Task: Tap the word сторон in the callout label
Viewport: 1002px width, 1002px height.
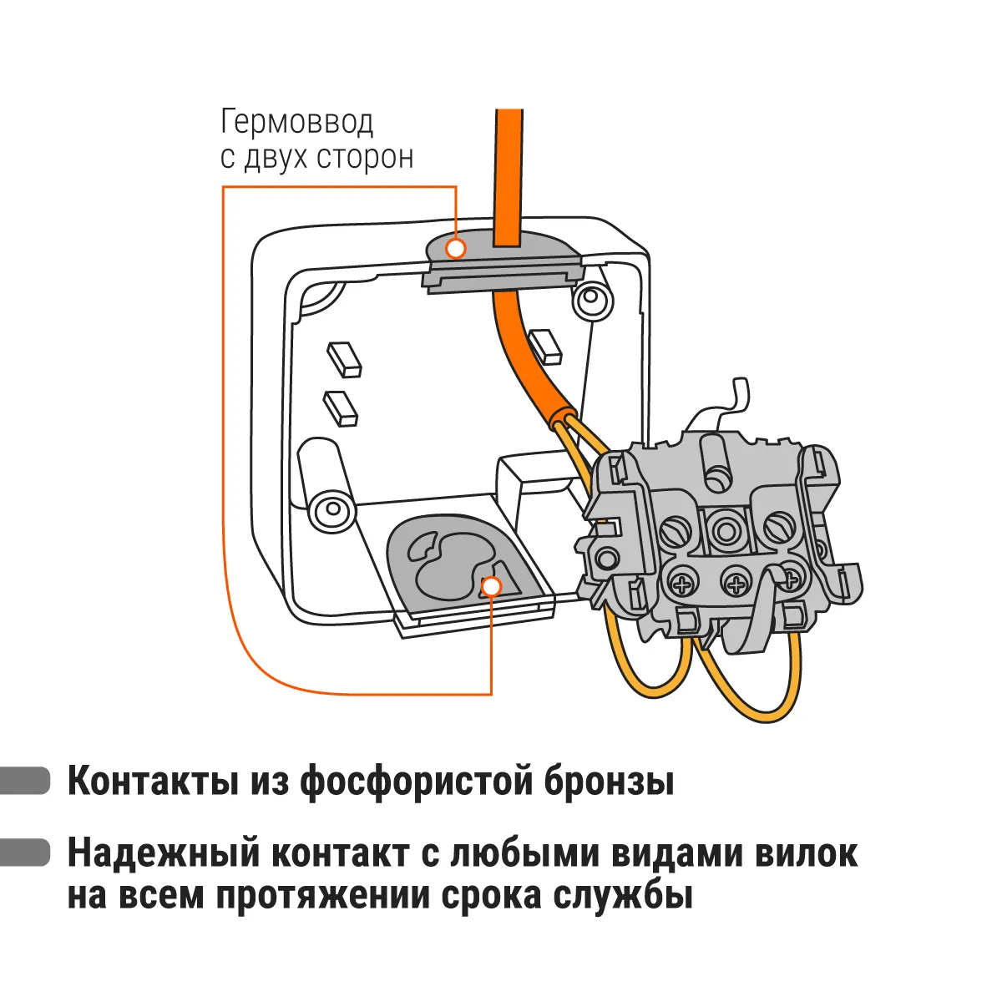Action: [x=365, y=158]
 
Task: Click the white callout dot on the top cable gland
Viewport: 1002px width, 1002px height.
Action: [x=456, y=248]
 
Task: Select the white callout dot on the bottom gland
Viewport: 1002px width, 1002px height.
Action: [x=491, y=587]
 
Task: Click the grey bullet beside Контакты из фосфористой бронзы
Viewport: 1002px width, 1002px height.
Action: [x=25, y=782]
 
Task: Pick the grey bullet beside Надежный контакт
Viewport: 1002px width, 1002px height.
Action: [x=25, y=853]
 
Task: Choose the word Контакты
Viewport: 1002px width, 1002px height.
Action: [x=154, y=782]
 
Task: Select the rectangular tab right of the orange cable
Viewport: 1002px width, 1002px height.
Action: [x=545, y=346]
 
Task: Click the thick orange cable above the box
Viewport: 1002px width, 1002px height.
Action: [x=509, y=177]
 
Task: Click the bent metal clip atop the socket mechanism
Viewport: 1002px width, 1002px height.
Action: [x=728, y=407]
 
